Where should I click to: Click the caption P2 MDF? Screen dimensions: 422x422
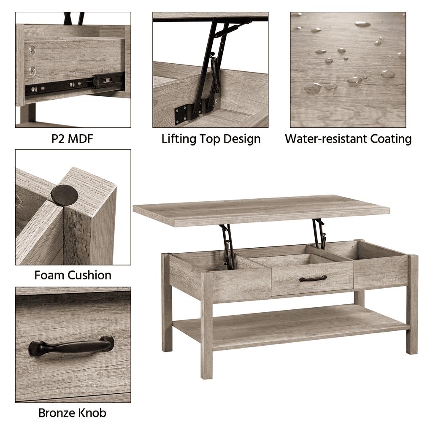[73, 139]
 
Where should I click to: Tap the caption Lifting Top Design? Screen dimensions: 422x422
[211, 139]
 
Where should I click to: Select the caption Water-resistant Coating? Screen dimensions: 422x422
[348, 139]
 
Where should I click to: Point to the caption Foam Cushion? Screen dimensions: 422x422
[73, 275]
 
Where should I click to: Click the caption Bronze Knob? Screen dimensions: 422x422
[73, 413]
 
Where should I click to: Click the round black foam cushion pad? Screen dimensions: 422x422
[64, 194]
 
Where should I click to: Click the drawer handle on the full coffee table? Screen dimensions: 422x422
[313, 278]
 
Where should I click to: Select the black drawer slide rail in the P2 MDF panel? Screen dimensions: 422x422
[74, 84]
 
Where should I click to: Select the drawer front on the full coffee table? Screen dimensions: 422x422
[312, 279]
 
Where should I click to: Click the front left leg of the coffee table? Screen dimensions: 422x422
[207, 326]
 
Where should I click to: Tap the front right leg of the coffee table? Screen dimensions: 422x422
[412, 304]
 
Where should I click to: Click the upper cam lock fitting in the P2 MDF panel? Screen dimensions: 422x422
[32, 50]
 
